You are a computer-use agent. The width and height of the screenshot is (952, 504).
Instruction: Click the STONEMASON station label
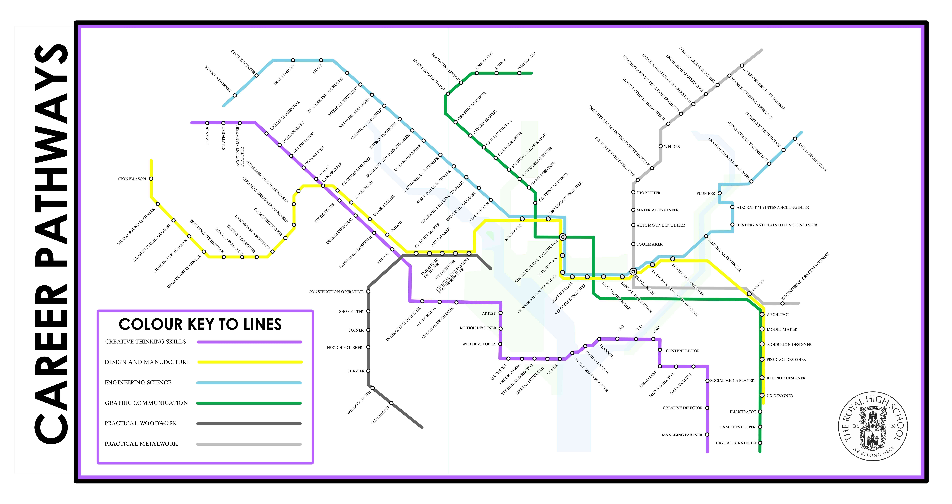click(x=132, y=179)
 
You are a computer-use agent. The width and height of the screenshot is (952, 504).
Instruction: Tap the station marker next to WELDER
click(x=660, y=146)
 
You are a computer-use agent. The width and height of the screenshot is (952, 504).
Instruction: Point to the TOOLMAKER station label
click(x=649, y=244)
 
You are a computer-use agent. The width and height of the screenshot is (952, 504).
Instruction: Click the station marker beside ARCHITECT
click(x=762, y=314)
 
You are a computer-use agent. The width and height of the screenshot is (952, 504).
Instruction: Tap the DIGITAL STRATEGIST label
click(x=736, y=443)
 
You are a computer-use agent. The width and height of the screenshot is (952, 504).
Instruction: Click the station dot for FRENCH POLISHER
click(x=368, y=347)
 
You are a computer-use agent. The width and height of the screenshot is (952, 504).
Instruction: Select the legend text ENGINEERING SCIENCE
click(x=138, y=382)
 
